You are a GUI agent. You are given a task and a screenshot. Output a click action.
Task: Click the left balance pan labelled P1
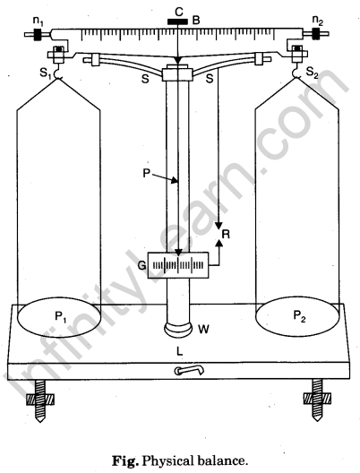pyautogui.click(x=59, y=316)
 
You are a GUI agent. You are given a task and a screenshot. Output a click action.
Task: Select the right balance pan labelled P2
pyautogui.click(x=298, y=315)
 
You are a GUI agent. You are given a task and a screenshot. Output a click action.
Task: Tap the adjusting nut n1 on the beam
pyautogui.click(x=38, y=34)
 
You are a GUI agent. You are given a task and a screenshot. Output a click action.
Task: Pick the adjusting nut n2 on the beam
pyautogui.click(x=317, y=33)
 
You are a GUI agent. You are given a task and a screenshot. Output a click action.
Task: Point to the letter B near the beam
pyautogui.click(x=196, y=21)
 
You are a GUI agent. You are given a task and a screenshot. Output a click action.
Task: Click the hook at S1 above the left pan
pyautogui.click(x=57, y=73)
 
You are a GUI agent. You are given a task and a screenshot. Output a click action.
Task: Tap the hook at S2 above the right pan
pyautogui.click(x=296, y=73)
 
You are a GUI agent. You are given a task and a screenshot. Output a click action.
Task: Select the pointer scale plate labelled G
pyautogui.click(x=178, y=265)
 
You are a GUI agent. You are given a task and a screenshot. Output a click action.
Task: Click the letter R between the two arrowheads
pyautogui.click(x=226, y=234)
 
